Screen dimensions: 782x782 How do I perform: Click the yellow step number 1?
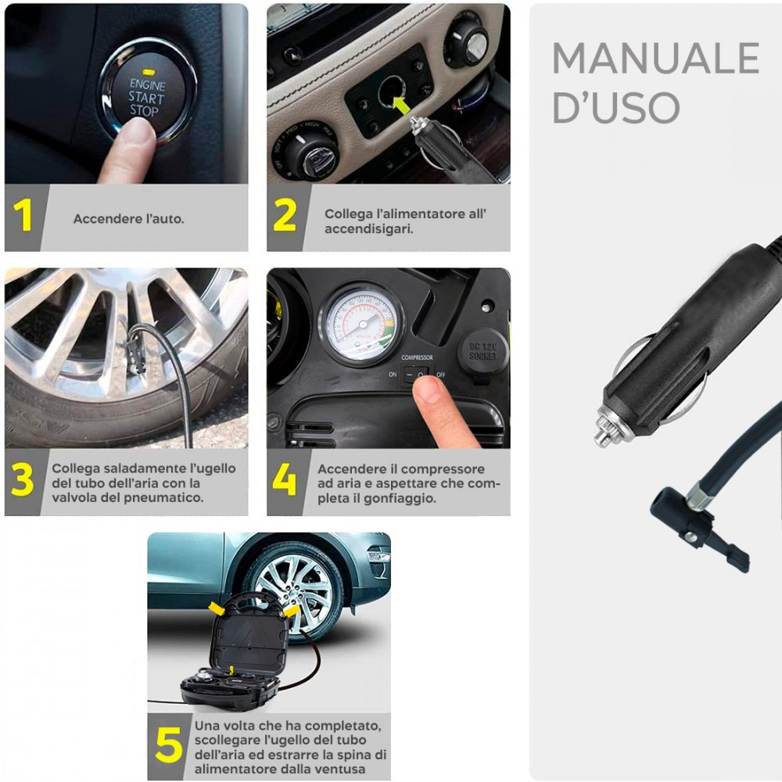[x=25, y=216]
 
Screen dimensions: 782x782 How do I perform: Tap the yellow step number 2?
[x=285, y=216]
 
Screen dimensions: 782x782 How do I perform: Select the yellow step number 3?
[x=23, y=480]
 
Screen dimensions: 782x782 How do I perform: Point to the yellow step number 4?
[x=284, y=480]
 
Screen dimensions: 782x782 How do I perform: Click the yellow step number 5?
[x=168, y=744]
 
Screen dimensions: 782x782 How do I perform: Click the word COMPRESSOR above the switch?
[x=417, y=357]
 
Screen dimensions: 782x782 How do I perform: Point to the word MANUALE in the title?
[x=655, y=58]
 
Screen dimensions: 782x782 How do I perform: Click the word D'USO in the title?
[x=616, y=107]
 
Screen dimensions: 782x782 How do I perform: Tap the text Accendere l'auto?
[x=129, y=219]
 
